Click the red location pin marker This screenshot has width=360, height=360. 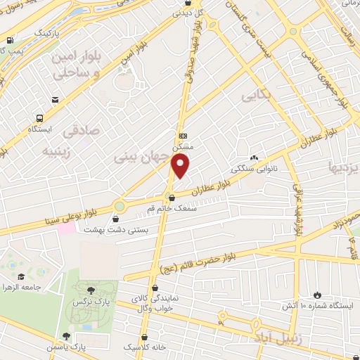(181, 166)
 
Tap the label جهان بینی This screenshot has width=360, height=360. (143, 157)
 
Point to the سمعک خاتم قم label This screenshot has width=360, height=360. (173, 208)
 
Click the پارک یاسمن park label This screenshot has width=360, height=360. (86, 347)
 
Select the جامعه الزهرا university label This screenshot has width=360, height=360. (18, 288)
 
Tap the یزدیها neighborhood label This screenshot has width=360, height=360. (345, 167)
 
